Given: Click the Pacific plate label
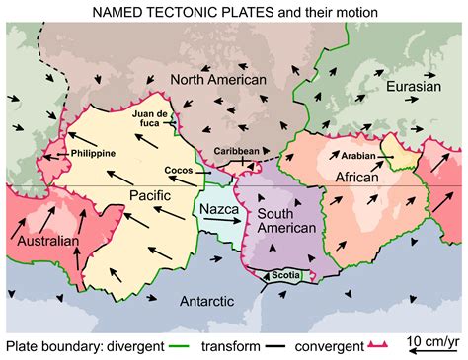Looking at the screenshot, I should pos(151,196).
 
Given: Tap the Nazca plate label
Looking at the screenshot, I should pos(217,210).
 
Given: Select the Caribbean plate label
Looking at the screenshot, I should pos(237,151).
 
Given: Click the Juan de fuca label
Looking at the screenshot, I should pos(153,119).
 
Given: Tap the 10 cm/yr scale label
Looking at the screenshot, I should pos(433,341).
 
